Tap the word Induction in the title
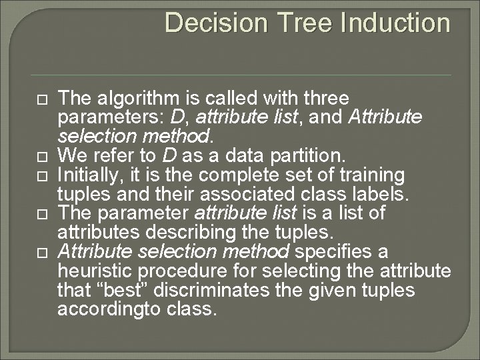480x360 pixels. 395,23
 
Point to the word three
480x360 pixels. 326,99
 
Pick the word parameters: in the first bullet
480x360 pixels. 111,118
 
